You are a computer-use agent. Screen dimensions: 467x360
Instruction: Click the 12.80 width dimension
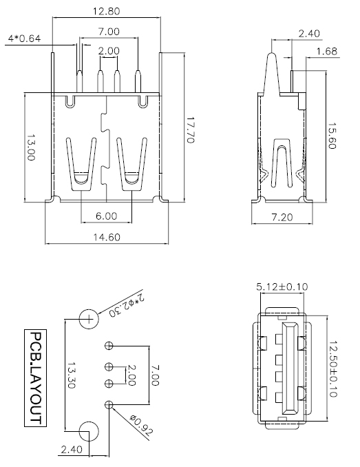(x=107, y=11)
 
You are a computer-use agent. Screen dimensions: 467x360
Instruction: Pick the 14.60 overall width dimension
(x=105, y=237)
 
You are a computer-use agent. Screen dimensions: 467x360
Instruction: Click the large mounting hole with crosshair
(x=89, y=319)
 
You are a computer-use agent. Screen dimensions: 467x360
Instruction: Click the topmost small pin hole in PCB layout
(x=109, y=344)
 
